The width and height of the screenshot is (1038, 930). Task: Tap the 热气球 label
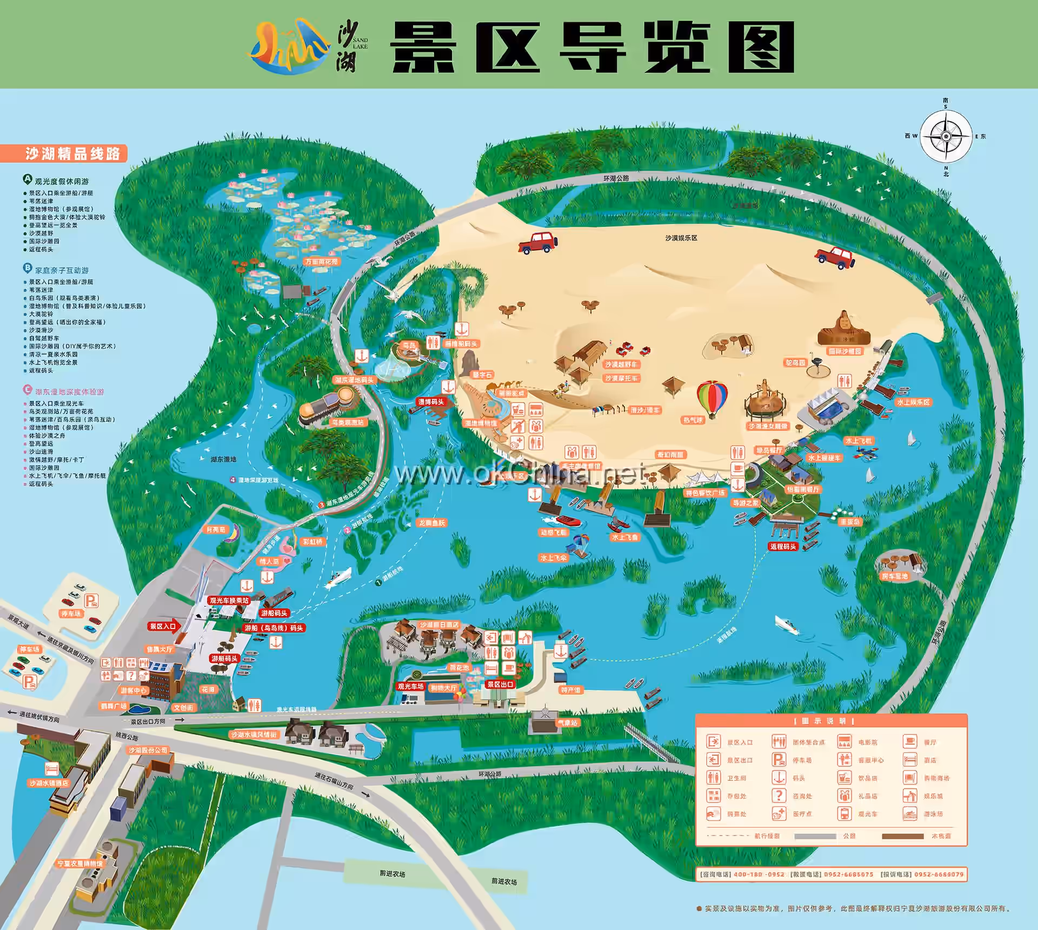(x=693, y=420)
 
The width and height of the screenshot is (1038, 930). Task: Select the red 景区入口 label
(x=163, y=626)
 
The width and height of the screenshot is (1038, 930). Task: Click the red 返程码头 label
(x=783, y=546)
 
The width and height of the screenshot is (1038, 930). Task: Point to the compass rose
(x=946, y=137)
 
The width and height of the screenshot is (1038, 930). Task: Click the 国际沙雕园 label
(x=845, y=351)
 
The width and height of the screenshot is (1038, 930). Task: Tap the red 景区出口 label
(x=500, y=684)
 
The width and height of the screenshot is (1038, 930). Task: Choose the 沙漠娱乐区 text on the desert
(x=681, y=238)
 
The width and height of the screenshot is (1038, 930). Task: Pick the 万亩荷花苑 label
(x=321, y=262)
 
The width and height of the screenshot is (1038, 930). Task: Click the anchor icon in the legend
(x=778, y=778)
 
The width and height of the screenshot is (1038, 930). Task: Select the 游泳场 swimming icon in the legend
(x=910, y=813)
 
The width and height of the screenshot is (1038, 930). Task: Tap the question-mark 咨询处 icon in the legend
(x=778, y=795)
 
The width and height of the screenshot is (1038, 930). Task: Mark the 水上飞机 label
(x=859, y=441)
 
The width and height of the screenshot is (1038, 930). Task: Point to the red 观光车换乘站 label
(x=229, y=600)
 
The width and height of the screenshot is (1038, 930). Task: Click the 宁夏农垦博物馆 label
(x=80, y=864)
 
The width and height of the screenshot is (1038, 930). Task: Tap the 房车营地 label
(x=895, y=576)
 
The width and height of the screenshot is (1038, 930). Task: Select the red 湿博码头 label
(x=431, y=402)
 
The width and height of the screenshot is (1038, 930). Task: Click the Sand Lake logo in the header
(x=289, y=47)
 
